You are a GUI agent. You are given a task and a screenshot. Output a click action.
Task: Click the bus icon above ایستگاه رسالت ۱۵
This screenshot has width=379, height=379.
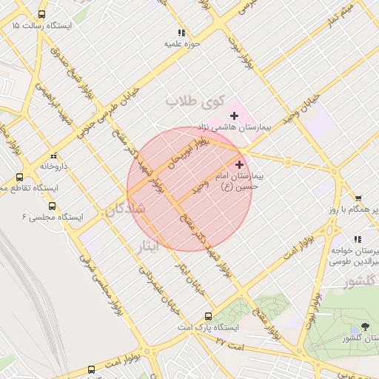[x=41, y=14]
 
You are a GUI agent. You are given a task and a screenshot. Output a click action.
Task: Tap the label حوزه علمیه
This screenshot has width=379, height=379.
[x=182, y=44]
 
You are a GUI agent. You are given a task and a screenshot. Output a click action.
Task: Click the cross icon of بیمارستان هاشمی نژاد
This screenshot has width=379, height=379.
[x=235, y=115]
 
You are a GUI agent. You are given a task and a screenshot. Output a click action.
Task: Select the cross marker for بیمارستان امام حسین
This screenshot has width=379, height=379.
[x=239, y=164]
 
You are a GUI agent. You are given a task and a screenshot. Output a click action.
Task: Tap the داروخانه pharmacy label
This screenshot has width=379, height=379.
[x=54, y=167]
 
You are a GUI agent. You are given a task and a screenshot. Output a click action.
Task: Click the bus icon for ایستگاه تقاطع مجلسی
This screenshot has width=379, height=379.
[x=19, y=178]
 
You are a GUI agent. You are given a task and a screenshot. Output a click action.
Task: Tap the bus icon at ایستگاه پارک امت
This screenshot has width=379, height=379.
[x=208, y=315]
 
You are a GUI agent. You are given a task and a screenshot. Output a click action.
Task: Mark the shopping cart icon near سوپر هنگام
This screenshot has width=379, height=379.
[x=358, y=198]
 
